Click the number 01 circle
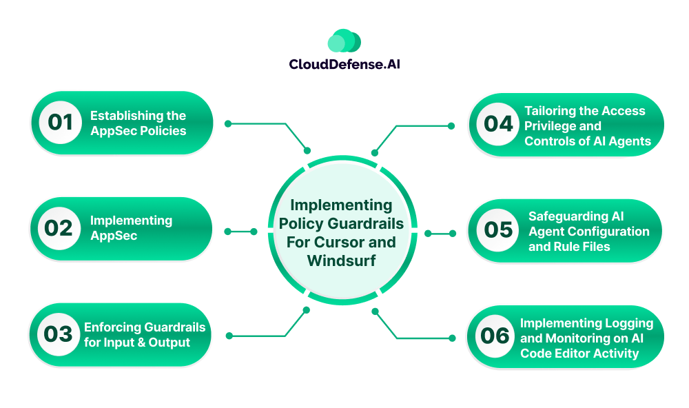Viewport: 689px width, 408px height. pyautogui.click(x=60, y=123)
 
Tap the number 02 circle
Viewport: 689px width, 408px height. pyautogui.click(x=60, y=229)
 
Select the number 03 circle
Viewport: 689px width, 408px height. pyautogui.click(x=59, y=334)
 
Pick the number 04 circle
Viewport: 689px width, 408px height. pyautogui.click(x=498, y=125)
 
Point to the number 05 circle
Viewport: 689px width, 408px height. pyautogui.click(x=498, y=230)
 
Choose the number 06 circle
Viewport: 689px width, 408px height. pyautogui.click(x=495, y=336)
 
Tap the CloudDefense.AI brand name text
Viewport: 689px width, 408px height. pyautogui.click(x=344, y=64)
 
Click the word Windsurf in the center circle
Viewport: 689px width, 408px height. pyautogui.click(x=342, y=261)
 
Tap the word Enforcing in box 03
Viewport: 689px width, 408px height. pyautogui.click(x=112, y=327)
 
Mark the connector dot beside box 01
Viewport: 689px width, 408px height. pyautogui.click(x=228, y=124)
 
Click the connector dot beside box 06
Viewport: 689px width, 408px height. pyautogui.click(x=452, y=338)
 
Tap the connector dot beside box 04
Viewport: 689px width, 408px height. pyautogui.click(x=451, y=126)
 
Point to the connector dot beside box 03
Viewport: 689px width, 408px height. pyautogui.click(x=228, y=336)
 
